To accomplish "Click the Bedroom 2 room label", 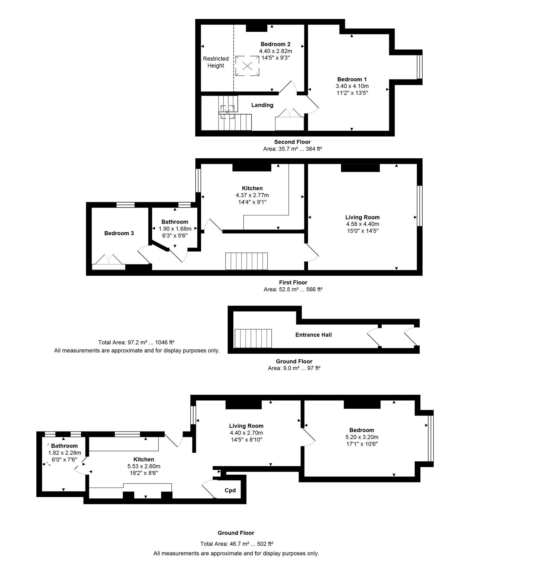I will click(x=275, y=44).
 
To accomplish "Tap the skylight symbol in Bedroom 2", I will click(x=247, y=66).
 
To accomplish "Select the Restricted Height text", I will click(x=216, y=62).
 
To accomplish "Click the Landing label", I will click(x=262, y=105).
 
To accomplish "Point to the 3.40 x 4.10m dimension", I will click(x=352, y=86).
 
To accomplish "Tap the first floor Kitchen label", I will click(x=252, y=188).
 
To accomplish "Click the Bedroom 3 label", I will click(x=119, y=233).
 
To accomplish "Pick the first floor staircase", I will click(x=246, y=261).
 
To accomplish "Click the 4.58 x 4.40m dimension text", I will click(x=362, y=224).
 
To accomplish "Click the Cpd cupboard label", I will click(x=230, y=490).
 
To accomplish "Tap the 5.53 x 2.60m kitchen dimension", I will click(x=144, y=466).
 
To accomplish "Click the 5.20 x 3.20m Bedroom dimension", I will click(x=362, y=437).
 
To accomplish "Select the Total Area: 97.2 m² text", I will click(x=136, y=343).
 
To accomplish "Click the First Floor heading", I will click(x=293, y=282).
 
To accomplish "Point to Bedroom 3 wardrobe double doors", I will click(x=109, y=259).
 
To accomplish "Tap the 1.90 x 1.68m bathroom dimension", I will click(x=175, y=229).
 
